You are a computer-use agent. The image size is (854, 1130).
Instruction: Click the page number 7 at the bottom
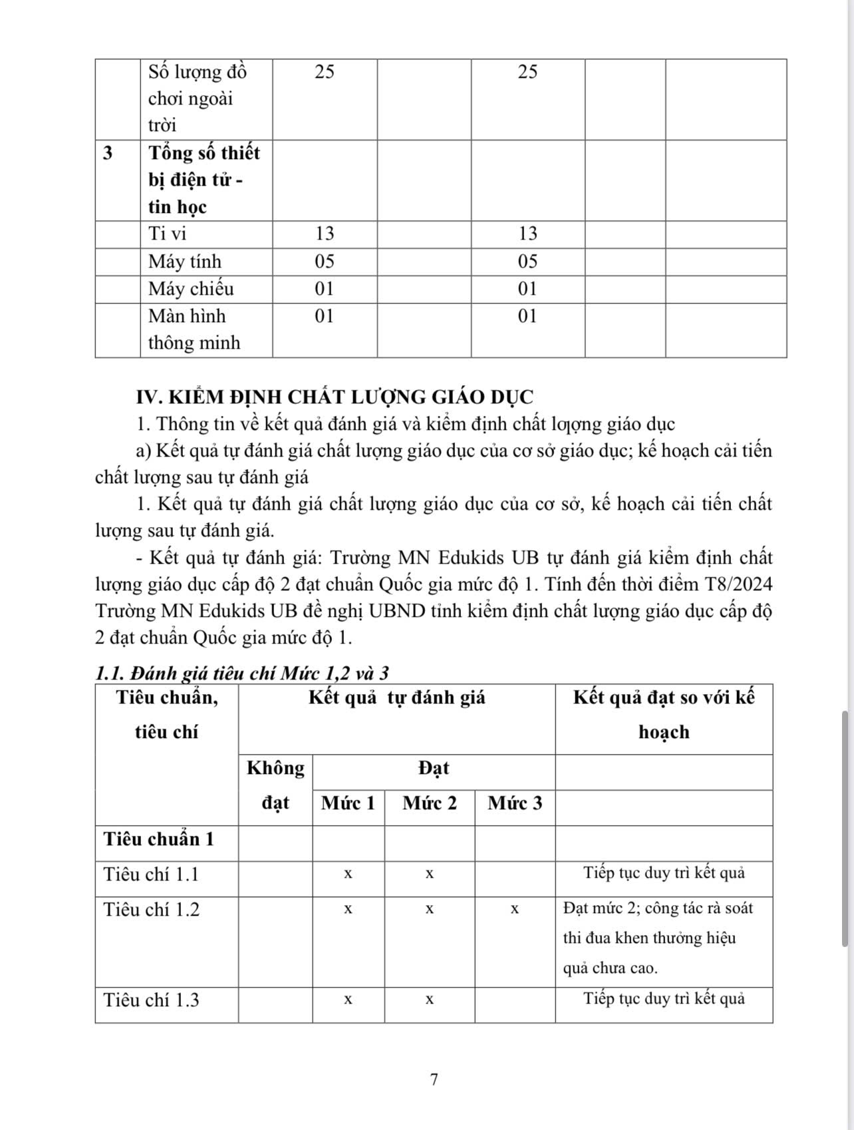pyautogui.click(x=434, y=1079)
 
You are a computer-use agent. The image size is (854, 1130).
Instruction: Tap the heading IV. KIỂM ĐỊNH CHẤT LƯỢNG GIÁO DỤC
pyautogui.click(x=335, y=397)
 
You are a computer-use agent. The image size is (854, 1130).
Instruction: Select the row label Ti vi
pyautogui.click(x=168, y=234)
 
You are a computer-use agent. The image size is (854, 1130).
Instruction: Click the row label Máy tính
pyautogui.click(x=185, y=262)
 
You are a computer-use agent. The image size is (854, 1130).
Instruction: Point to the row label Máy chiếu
pyautogui.click(x=191, y=289)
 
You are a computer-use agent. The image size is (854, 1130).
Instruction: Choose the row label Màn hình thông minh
pyautogui.click(x=194, y=329)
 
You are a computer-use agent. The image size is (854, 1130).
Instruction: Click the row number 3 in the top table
pyautogui.click(x=108, y=153)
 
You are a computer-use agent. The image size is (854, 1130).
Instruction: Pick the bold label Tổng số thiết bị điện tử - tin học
pyautogui.click(x=204, y=180)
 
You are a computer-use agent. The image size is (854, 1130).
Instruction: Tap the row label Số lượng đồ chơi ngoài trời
pyautogui.click(x=197, y=98)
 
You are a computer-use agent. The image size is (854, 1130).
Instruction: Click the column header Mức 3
pyautogui.click(x=515, y=803)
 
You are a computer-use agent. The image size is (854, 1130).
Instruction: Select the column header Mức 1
pyautogui.click(x=348, y=803)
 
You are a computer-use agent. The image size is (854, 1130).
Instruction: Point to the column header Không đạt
pyautogui.click(x=275, y=785)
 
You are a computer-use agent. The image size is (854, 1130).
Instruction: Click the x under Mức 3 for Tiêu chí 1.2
pyautogui.click(x=515, y=909)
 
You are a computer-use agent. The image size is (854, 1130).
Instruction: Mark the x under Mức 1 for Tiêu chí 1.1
pyautogui.click(x=348, y=874)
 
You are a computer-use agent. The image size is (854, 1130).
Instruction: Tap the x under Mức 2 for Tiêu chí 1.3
pyautogui.click(x=430, y=1000)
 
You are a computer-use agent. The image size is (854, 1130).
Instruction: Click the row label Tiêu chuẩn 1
pyautogui.click(x=159, y=839)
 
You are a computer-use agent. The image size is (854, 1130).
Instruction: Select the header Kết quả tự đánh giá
pyautogui.click(x=396, y=697)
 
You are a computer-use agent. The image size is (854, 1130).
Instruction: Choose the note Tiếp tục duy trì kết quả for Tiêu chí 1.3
pyautogui.click(x=664, y=999)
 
